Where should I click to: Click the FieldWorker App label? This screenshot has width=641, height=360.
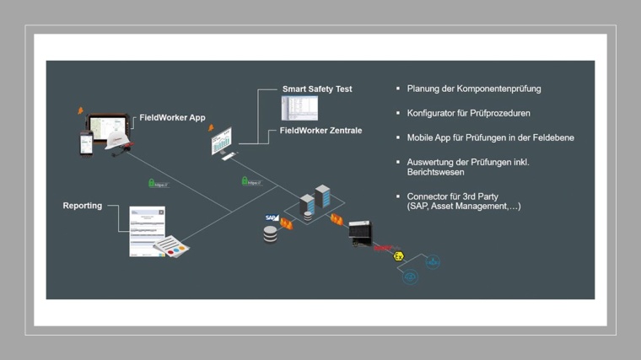pos(172,118)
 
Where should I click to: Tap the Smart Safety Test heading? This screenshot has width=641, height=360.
pos(317,89)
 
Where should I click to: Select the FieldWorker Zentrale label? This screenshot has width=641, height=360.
pos(320,131)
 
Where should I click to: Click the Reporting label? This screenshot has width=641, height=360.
pos(83,206)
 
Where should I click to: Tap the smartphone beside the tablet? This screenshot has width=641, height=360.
pos(85,142)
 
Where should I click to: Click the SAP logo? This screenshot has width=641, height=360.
pos(272,218)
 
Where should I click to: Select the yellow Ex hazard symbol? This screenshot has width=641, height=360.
pos(399,255)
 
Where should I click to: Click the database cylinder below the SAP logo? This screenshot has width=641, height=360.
pos(270,234)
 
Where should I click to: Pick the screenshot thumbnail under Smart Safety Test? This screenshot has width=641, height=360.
pos(299,108)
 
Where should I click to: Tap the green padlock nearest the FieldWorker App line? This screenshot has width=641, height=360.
pos(152,183)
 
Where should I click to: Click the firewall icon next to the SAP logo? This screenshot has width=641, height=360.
pos(286,223)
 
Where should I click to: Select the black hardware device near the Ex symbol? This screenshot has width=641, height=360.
pos(360,232)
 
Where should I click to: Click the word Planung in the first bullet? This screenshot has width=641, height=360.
pos(423,89)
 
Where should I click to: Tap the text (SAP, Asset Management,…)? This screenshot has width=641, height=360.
pos(463,207)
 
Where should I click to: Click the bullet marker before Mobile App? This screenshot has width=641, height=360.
pos(398,137)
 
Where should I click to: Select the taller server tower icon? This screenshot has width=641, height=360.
pos(322,197)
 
